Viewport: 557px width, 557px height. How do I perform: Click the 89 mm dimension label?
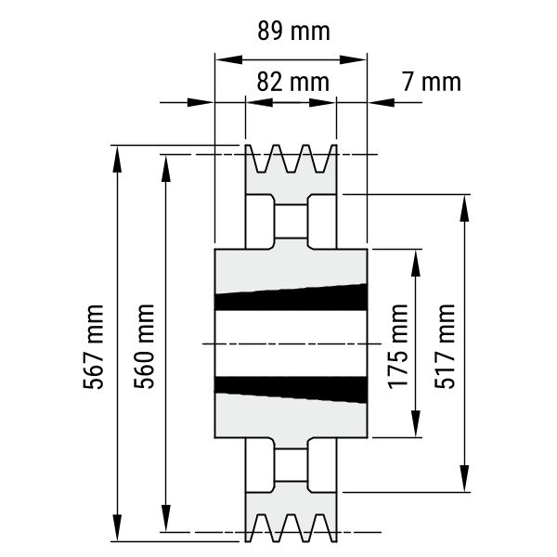293,31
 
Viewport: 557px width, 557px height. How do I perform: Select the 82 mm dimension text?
293,82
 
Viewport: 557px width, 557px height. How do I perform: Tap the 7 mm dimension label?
432,82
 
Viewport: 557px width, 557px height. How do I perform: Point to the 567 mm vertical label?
94,346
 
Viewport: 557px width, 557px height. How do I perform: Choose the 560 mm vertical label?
144,346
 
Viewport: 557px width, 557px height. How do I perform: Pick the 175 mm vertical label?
398,346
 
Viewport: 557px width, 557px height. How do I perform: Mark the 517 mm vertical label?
445,346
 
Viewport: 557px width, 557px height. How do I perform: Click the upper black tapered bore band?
291,298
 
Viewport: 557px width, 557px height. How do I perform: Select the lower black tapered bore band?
291,390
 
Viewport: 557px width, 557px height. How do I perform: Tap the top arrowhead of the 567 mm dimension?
117,159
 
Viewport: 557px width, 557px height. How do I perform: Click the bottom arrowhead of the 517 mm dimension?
465,478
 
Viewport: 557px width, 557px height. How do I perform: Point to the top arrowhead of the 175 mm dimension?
416,263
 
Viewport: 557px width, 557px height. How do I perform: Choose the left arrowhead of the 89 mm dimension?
228,59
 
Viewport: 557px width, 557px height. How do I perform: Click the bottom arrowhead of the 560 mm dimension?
166,518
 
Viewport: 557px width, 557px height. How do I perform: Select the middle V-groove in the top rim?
291,159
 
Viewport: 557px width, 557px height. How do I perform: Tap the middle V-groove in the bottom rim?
291,528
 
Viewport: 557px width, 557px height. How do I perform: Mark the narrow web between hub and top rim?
291,221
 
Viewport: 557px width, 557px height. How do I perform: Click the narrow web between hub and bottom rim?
291,465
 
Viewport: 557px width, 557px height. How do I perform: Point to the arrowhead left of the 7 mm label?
382,102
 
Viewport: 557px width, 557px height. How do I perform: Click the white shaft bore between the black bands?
291,343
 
